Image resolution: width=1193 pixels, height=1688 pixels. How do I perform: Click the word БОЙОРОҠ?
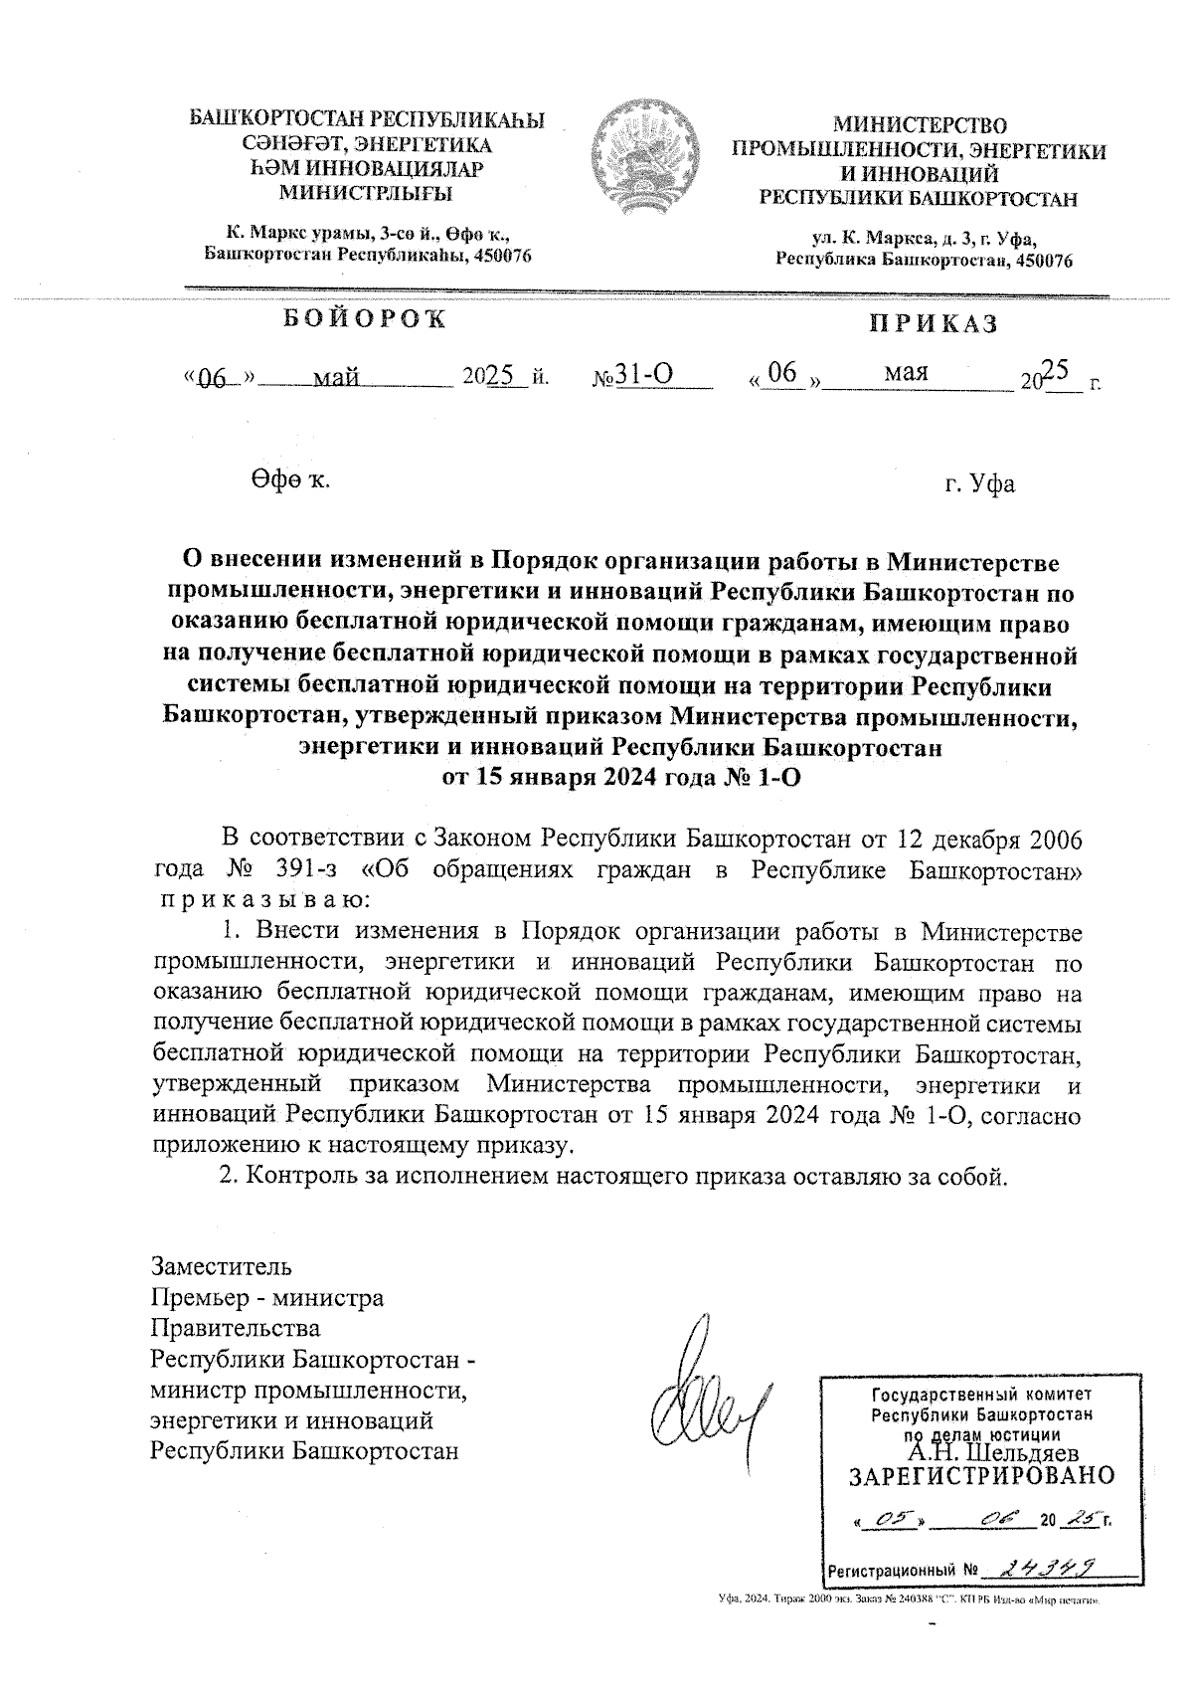365,319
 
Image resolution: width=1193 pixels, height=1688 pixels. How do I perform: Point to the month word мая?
906,372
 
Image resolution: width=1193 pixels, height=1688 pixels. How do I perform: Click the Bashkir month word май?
335,378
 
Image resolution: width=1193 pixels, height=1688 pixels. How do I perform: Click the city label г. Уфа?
979,484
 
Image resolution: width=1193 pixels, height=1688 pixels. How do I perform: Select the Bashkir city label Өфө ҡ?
289,480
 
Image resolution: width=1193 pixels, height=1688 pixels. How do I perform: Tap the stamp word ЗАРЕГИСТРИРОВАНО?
981,1475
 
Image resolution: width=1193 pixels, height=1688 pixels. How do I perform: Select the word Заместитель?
221,1267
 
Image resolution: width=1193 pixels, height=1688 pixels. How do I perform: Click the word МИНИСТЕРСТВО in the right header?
919,126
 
